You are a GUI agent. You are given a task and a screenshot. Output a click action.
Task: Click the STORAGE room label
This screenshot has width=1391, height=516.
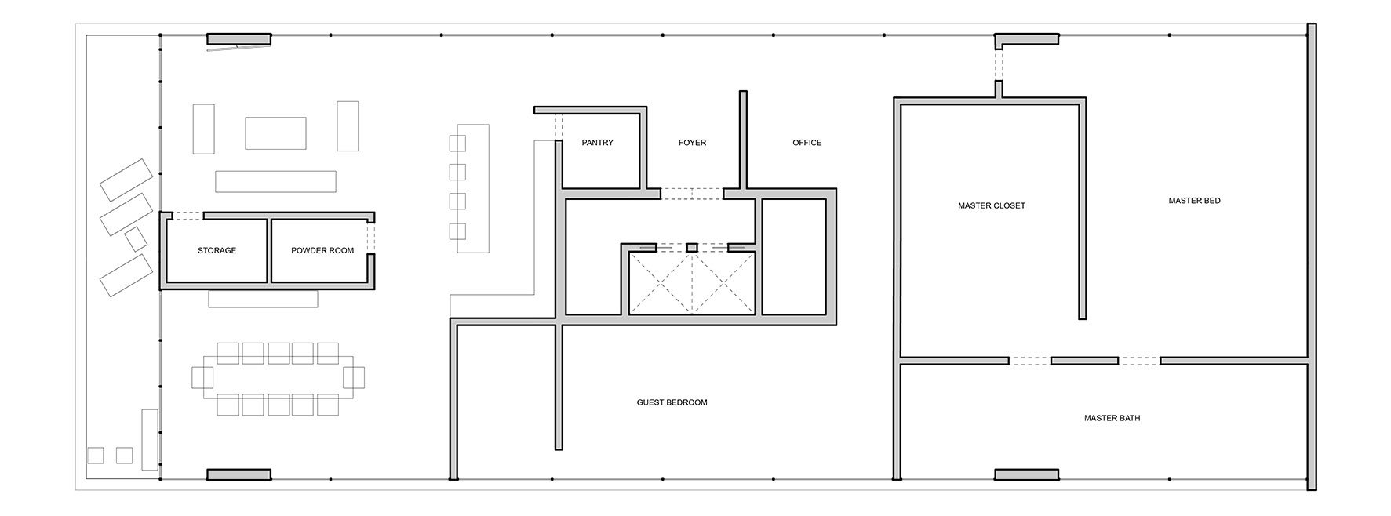[217, 251]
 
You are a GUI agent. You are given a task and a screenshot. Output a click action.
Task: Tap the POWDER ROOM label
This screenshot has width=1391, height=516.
[322, 251]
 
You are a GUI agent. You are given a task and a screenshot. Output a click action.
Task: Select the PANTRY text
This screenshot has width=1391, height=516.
[598, 143]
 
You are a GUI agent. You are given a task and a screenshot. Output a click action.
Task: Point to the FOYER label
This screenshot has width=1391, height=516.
[692, 143]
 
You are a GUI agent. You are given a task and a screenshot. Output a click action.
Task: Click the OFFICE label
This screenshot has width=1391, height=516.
[807, 143]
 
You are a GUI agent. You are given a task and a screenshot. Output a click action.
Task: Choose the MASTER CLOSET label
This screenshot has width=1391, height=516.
[992, 205]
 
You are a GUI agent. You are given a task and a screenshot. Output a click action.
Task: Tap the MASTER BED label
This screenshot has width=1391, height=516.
[1194, 201]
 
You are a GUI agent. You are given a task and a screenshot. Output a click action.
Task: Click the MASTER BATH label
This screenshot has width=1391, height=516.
[1112, 418]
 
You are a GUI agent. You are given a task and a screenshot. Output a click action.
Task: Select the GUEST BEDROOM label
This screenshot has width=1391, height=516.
[672, 402]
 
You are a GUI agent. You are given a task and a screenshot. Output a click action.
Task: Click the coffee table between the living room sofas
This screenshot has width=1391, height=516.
[275, 133]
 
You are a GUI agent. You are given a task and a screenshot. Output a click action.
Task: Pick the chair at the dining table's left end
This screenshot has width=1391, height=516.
[202, 377]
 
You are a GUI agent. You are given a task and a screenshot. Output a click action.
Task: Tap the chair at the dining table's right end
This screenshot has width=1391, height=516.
[354, 377]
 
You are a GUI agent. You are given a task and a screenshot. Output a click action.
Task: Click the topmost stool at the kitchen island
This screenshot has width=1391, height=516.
[457, 143]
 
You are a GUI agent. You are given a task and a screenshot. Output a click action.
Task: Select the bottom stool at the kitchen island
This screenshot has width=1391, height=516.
[457, 231]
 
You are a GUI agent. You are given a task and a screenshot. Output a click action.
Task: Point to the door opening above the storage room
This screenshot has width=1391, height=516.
[188, 216]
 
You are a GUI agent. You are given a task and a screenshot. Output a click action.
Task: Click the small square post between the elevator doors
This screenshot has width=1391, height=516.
[691, 248]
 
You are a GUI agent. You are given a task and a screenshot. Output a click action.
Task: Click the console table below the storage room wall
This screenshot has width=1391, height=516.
[263, 299]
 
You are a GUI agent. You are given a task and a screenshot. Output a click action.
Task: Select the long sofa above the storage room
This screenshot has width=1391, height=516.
[275, 181]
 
